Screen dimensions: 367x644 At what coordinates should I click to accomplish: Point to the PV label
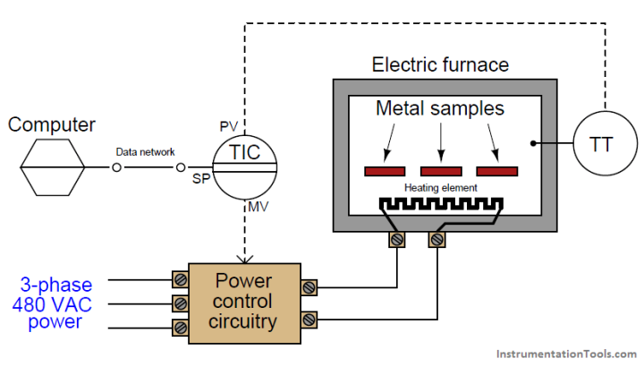pos(228,124)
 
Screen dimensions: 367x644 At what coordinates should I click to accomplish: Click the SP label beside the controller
pos(202,180)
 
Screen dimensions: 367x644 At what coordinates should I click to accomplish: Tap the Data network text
pos(146,153)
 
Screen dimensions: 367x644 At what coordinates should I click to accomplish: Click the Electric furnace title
pos(440,64)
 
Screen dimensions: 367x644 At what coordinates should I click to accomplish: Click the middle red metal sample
pos(441,171)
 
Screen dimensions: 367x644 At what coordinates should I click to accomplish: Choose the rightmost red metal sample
pos(497,171)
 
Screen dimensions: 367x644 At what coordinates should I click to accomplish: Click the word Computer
pos(52,124)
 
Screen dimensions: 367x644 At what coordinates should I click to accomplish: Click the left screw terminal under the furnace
pos(397,240)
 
